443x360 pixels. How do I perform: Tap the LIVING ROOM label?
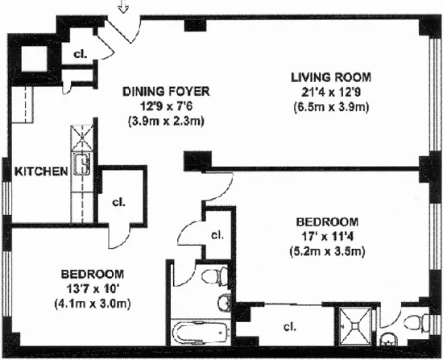(331, 77)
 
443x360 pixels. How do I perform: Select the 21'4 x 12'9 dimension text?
(331, 93)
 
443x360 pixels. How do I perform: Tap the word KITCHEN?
(34, 172)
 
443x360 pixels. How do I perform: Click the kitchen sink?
(81, 166)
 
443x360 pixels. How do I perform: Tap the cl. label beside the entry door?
(80, 56)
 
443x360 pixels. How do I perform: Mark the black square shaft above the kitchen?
(34, 57)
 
